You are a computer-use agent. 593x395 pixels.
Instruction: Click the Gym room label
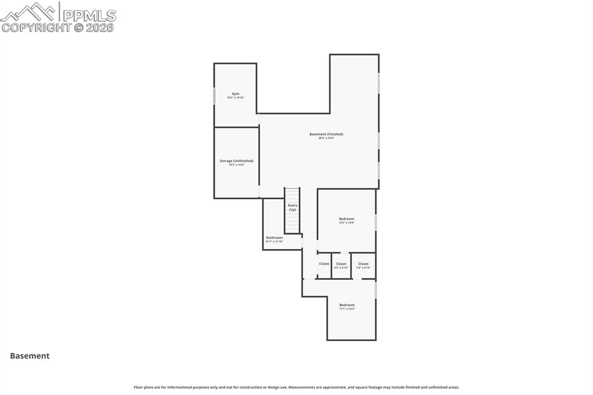click(x=235, y=93)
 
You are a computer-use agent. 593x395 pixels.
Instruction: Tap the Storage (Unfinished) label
click(x=236, y=160)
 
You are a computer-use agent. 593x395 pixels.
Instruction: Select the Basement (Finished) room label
click(x=326, y=134)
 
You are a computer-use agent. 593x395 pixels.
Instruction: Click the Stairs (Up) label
click(x=292, y=207)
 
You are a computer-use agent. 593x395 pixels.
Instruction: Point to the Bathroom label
click(x=274, y=237)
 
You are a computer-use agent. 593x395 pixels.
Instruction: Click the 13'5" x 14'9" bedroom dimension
click(x=346, y=223)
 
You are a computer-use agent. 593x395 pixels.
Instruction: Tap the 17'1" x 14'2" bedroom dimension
click(x=347, y=309)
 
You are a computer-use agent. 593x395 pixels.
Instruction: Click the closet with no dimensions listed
click(x=324, y=264)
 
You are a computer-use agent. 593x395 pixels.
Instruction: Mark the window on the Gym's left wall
click(x=214, y=96)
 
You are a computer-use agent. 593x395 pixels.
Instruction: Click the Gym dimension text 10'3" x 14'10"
click(x=235, y=98)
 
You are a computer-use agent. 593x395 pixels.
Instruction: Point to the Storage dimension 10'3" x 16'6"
click(x=236, y=165)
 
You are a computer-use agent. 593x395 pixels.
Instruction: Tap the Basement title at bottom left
click(x=30, y=356)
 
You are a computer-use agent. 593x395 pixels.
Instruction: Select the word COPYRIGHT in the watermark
click(x=36, y=27)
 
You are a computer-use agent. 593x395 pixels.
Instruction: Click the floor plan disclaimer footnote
click(x=296, y=387)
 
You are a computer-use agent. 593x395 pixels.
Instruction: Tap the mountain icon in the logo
click(x=30, y=12)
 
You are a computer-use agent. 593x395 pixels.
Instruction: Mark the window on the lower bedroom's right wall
click(x=376, y=290)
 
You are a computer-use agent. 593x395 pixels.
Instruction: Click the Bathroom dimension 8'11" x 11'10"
click(x=274, y=242)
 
